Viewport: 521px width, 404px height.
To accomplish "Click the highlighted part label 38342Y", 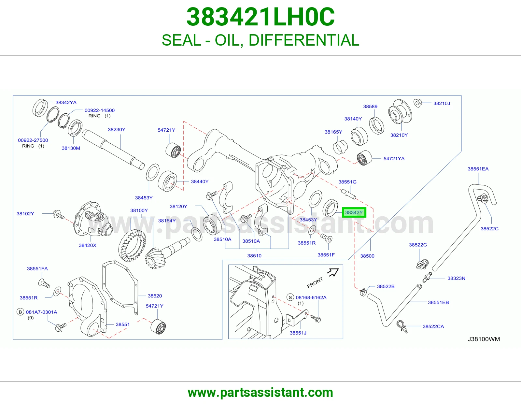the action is click(x=354, y=212).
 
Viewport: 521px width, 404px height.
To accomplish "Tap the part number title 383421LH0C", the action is click(x=260, y=17).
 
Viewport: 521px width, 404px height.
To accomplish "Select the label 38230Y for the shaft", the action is click(x=117, y=130).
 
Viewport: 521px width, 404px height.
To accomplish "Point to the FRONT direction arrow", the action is click(x=333, y=272).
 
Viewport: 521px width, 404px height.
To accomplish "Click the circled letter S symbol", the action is click(x=290, y=297).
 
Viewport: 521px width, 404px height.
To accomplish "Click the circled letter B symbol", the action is click(x=20, y=312).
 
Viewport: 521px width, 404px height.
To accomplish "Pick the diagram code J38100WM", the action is click(x=484, y=339).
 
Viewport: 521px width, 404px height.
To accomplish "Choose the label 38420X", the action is click(x=88, y=245).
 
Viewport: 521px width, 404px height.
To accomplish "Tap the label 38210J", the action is click(x=442, y=103).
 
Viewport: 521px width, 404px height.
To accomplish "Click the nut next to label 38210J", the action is click(x=418, y=103).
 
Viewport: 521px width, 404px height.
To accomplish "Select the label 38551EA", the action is click(x=478, y=169).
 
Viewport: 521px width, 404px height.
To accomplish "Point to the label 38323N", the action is click(x=456, y=278).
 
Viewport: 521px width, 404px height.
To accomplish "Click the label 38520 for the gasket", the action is click(x=155, y=296).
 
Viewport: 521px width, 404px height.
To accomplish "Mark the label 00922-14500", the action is click(x=100, y=110).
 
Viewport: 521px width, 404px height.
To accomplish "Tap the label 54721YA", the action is click(x=394, y=159).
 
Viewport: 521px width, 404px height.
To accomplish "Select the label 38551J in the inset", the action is click(x=298, y=333).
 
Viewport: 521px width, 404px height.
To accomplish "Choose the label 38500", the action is click(x=367, y=256).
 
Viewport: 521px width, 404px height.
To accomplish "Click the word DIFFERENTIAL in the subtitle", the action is click(x=304, y=40).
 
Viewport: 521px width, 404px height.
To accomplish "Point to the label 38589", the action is click(x=370, y=107).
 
